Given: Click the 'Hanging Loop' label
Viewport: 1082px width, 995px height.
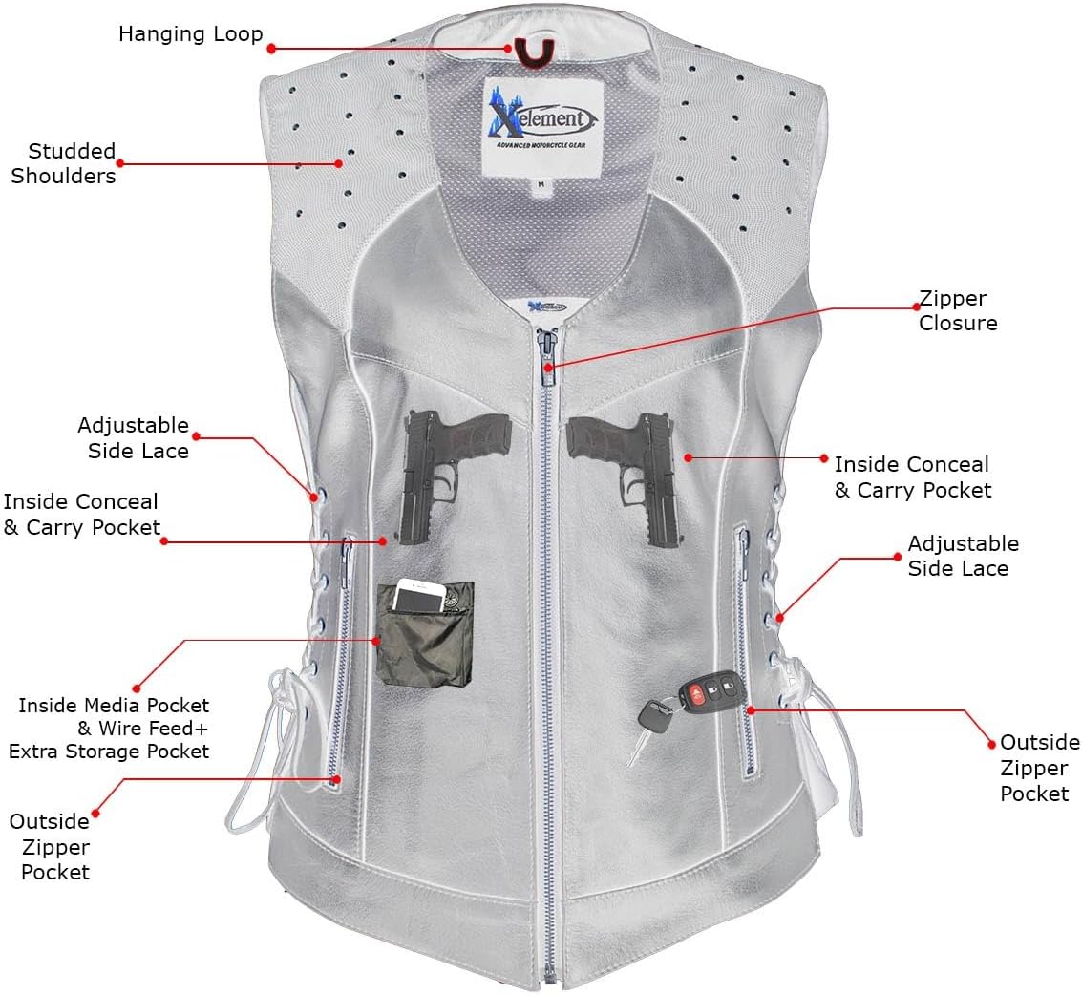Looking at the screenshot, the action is [x=190, y=34].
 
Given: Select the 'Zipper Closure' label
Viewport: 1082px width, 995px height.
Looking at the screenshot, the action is [x=958, y=311].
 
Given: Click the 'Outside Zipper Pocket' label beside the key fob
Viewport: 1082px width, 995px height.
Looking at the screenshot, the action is [x=1039, y=768].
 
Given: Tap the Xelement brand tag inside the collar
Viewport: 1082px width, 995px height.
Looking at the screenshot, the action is [x=541, y=125].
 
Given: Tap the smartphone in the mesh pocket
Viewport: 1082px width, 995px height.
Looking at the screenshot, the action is [x=429, y=598].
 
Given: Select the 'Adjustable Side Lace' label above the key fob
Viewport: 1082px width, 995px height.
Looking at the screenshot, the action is [x=963, y=556].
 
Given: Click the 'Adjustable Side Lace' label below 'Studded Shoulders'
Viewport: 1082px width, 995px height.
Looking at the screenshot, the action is [x=133, y=437].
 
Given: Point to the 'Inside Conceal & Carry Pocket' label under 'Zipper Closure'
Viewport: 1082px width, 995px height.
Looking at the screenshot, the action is [x=912, y=476].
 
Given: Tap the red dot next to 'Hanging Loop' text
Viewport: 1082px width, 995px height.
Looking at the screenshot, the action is [x=271, y=48].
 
